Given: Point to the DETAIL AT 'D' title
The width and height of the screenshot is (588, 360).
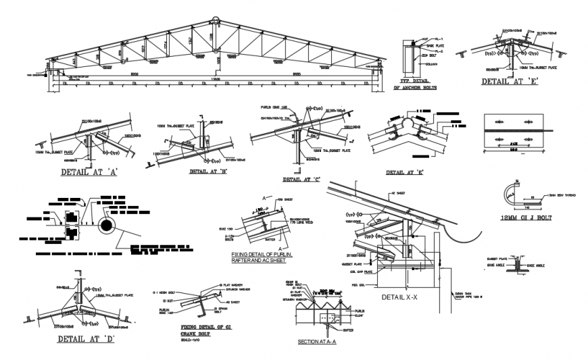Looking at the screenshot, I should [86, 339].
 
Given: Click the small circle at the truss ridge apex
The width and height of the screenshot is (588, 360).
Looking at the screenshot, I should [216, 22].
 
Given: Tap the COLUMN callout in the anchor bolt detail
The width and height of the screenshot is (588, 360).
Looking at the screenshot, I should [429, 64].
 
